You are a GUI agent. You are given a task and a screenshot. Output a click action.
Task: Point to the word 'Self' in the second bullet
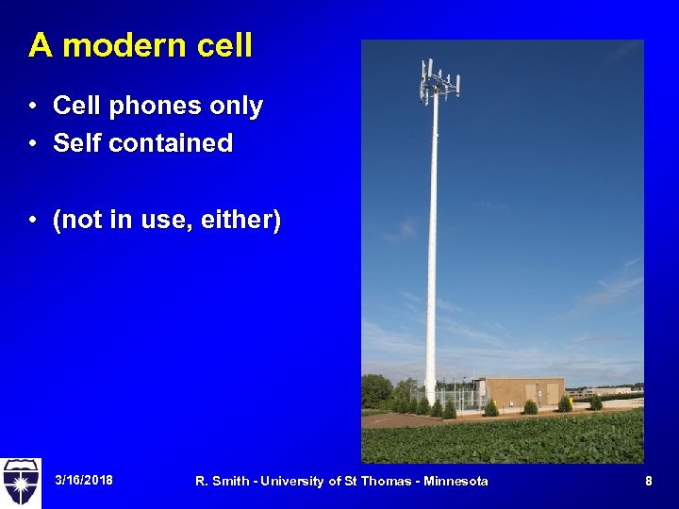(75, 143)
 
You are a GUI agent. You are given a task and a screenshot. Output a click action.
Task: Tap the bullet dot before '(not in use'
(33, 220)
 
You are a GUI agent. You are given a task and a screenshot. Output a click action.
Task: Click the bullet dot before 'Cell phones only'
(33, 107)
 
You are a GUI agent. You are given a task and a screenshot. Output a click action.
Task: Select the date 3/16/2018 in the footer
(84, 481)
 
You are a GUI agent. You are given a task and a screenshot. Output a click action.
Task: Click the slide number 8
(648, 481)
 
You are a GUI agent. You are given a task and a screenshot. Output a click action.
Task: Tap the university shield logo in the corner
(21, 483)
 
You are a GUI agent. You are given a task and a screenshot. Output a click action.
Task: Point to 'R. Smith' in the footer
(221, 482)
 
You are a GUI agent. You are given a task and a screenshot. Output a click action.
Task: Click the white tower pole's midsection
(433, 245)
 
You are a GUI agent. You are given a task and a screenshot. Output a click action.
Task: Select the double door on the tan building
(551, 393)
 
